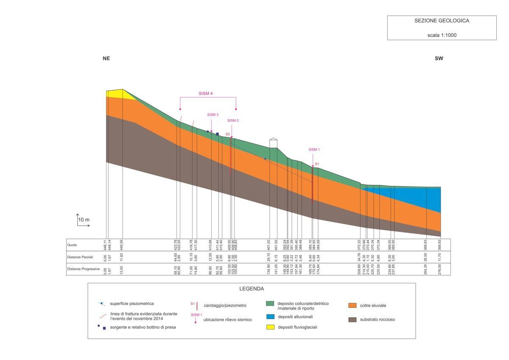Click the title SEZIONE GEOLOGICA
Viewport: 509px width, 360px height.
442,20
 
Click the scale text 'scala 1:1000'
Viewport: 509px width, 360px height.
442,35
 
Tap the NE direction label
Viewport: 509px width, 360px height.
106,59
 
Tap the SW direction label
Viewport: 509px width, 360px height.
439,59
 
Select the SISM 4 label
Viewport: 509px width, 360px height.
205,94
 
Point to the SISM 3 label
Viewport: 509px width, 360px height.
213,114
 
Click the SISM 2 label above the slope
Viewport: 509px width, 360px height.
233,120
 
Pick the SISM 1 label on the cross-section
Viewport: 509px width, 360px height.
314,149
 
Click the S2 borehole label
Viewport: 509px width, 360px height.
228,134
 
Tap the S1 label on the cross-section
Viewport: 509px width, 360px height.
317,164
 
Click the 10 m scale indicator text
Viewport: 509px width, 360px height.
84,220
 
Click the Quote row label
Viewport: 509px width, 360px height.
72,245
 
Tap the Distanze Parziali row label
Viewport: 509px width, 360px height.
80,257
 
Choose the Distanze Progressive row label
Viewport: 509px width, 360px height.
83,269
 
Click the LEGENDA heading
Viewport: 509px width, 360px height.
252,289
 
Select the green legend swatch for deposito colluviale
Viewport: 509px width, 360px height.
269,304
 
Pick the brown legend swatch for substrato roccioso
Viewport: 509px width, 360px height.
352,319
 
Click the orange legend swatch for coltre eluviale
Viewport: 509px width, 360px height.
352,305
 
